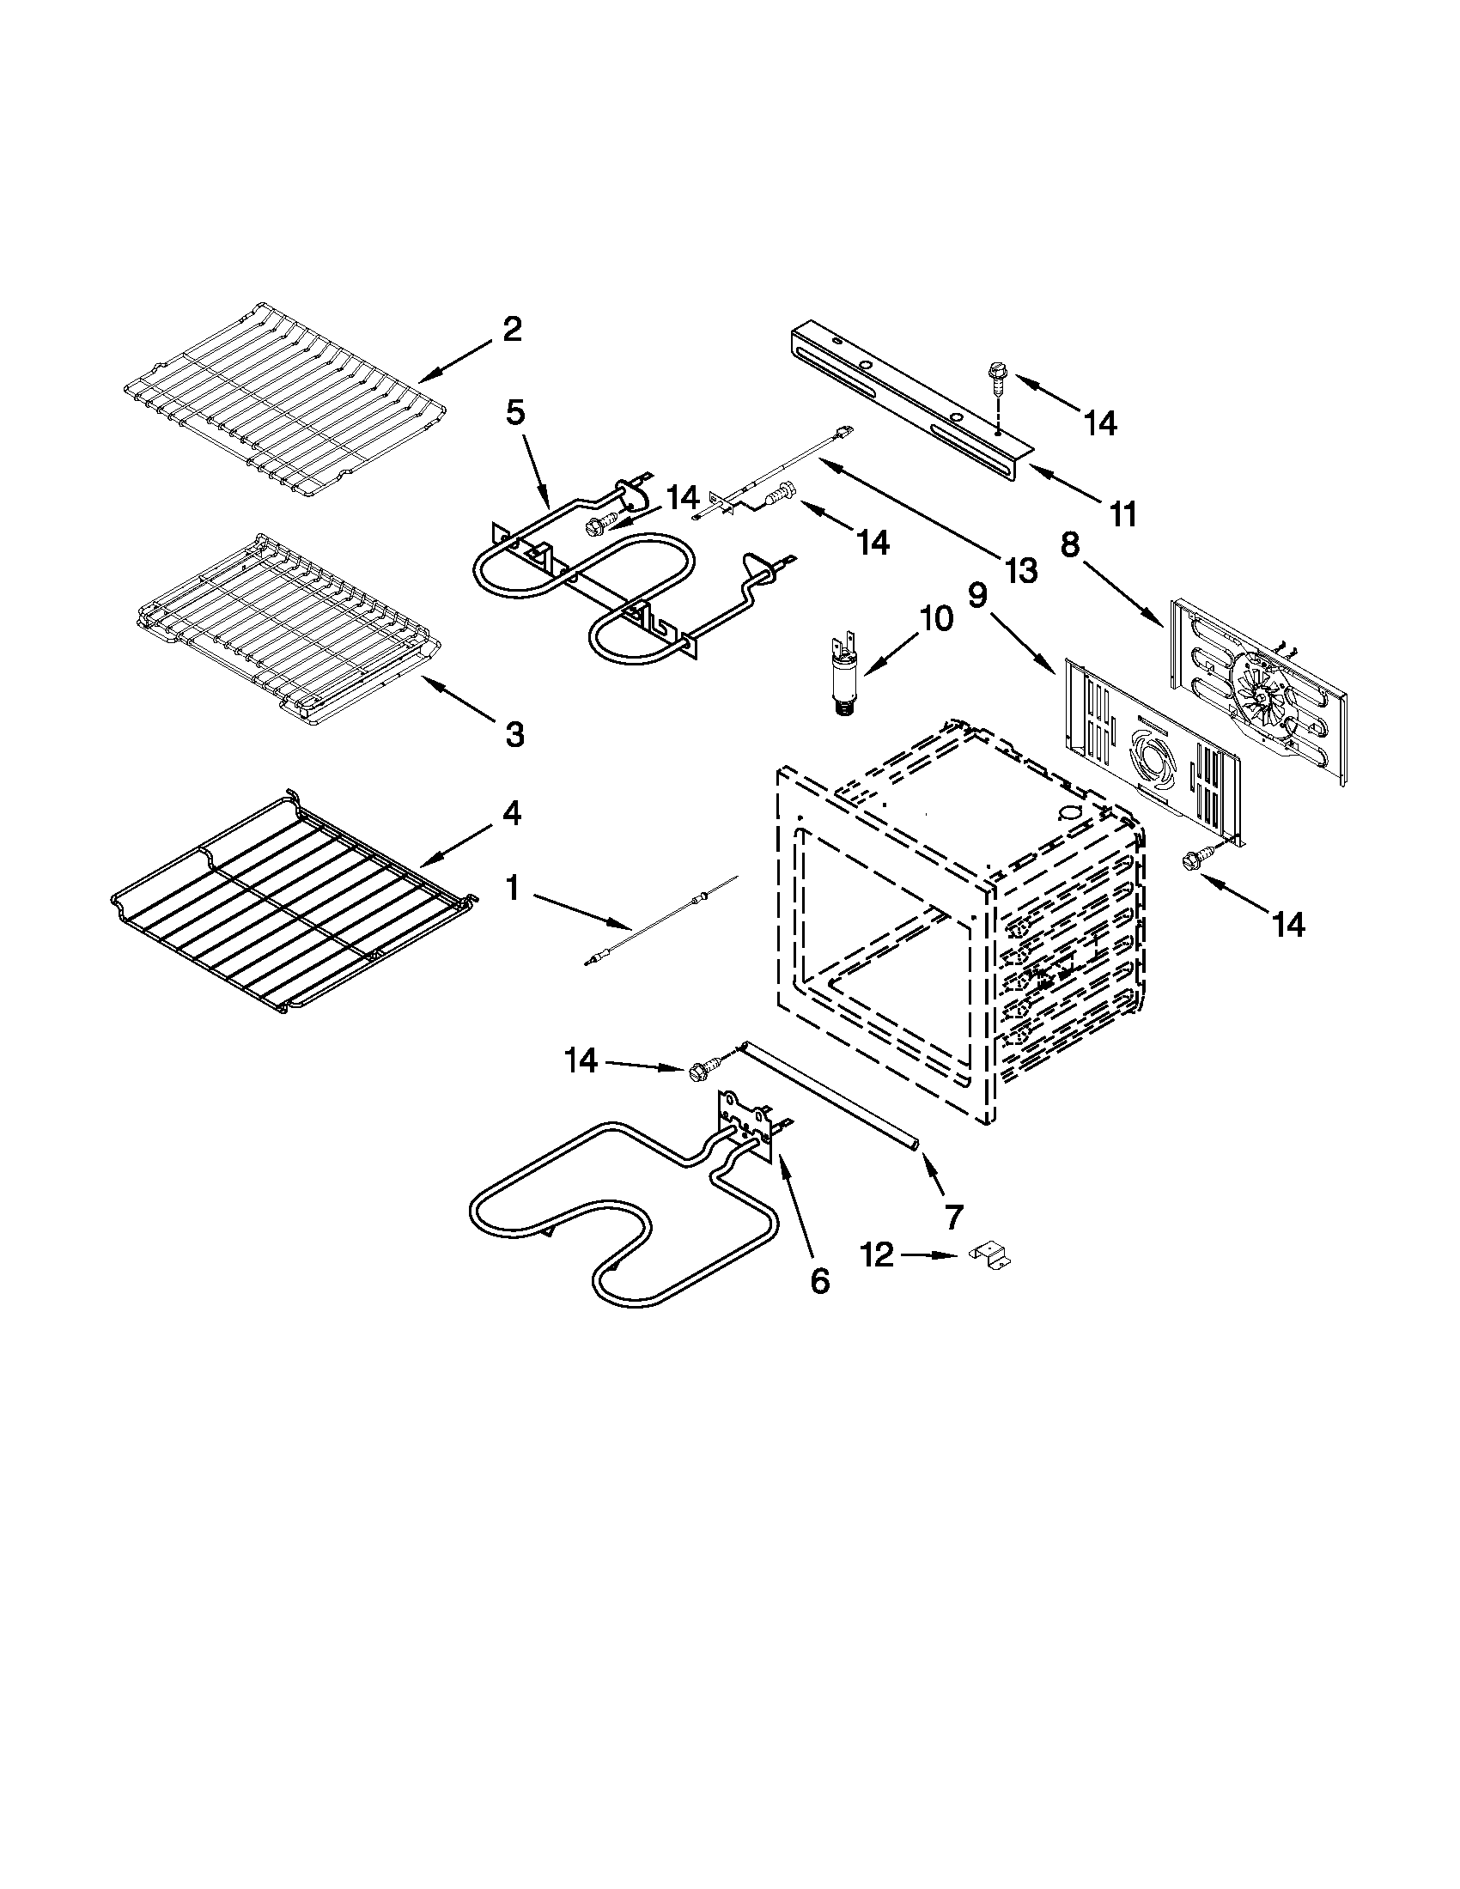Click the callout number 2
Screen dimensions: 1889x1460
pos(512,330)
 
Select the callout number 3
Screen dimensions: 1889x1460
pos(514,735)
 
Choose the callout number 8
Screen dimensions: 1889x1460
pos(1070,547)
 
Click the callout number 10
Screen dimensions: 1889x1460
pos(935,618)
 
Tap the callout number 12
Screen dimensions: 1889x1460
pos(877,1254)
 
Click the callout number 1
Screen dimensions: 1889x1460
pos(513,889)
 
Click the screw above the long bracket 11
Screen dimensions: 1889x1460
pos(995,377)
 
